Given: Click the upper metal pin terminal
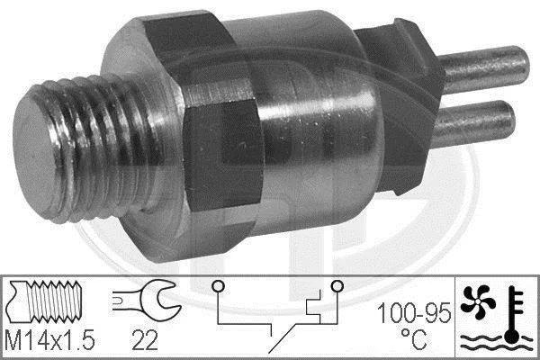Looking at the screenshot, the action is coord(484,69).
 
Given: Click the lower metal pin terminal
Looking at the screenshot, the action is coord(473,123).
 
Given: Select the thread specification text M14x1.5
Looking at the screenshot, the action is coord(50,339).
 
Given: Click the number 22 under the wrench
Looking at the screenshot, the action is coord(145,340).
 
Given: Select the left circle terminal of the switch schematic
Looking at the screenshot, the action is coord(219,286).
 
